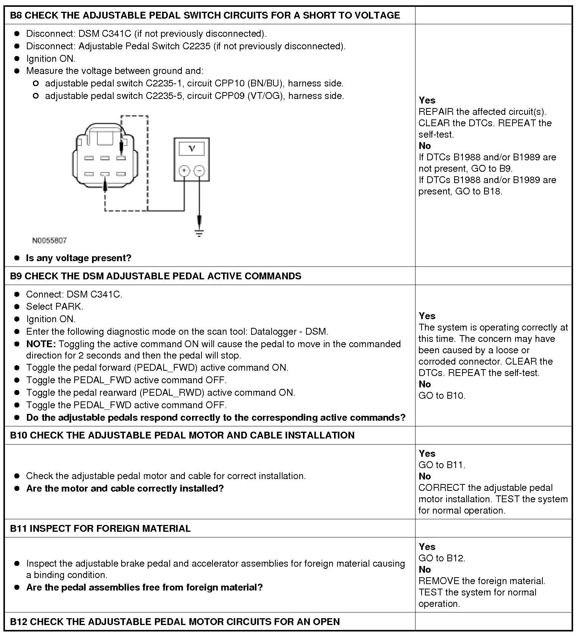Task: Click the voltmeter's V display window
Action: [192, 148]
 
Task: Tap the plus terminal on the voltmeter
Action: [184, 171]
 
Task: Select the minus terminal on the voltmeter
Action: [199, 171]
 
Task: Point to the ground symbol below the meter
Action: [199, 232]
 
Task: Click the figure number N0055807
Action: [50, 240]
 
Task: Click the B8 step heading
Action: [205, 15]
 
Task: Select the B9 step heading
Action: [156, 276]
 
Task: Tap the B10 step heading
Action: [182, 435]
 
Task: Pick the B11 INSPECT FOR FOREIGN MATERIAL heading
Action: [100, 528]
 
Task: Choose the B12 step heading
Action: [175, 622]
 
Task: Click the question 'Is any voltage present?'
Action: [78, 258]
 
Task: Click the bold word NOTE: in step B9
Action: [41, 344]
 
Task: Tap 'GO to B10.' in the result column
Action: [442, 396]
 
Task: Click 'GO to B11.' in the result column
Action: [442, 465]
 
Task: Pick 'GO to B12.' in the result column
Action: [442, 558]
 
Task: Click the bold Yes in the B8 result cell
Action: [427, 100]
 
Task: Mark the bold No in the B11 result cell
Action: [425, 570]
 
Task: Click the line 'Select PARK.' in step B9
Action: [55, 307]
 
